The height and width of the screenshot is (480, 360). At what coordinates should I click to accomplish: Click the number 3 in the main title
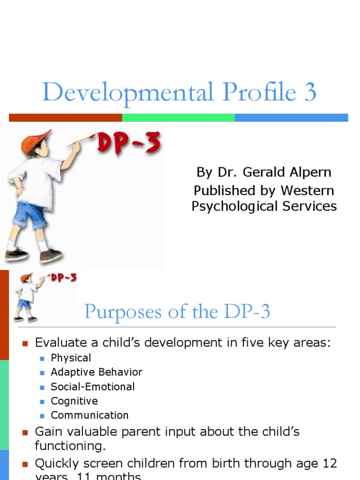[310, 93]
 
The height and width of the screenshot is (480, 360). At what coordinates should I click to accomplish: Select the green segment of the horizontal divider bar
[179, 118]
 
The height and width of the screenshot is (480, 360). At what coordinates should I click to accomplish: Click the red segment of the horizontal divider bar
[66, 118]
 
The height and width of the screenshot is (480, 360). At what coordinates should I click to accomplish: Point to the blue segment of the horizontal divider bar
[291, 118]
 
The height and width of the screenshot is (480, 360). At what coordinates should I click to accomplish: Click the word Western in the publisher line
[312, 190]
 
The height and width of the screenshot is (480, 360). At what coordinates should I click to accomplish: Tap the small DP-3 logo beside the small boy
[64, 278]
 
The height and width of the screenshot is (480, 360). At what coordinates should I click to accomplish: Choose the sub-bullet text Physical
[71, 358]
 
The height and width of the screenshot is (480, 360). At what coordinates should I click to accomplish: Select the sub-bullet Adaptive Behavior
[97, 372]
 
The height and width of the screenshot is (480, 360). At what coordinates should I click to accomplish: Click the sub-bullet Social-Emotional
[93, 387]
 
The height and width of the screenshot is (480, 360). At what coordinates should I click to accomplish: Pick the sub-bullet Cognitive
[74, 401]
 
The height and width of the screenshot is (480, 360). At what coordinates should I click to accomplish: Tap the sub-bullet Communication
[90, 415]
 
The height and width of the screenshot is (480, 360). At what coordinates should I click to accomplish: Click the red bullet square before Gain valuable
[26, 432]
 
